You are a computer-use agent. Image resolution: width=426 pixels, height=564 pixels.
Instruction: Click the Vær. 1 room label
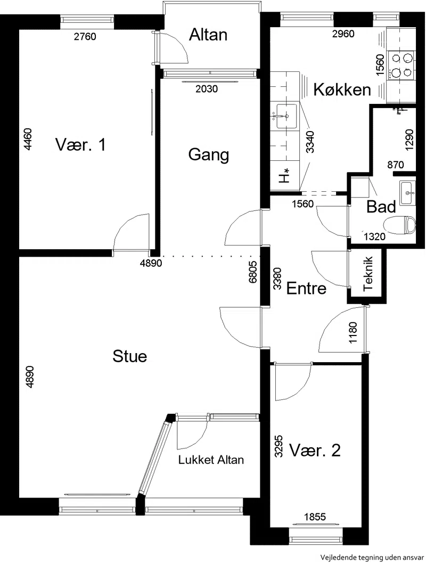coord(80,145)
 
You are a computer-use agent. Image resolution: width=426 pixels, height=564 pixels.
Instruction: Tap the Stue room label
coord(130,356)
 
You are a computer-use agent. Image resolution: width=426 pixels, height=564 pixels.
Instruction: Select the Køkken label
coord(342,89)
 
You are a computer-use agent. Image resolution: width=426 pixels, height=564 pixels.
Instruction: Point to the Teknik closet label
coord(368,274)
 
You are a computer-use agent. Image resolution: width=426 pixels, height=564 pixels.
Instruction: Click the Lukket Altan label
coord(211,459)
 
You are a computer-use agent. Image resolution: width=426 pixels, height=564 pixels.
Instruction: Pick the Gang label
coord(209,154)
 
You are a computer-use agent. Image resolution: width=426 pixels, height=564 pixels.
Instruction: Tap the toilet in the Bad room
coord(400,225)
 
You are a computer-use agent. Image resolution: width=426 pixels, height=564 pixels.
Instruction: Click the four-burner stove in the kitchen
coord(402,65)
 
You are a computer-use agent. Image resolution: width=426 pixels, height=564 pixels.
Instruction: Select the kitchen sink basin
coord(286,116)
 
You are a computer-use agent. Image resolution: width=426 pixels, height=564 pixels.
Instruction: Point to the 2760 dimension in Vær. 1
coord(85,36)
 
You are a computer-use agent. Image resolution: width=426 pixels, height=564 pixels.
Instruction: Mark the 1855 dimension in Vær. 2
coord(315,517)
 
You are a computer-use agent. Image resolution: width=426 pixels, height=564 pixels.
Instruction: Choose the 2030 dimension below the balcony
coord(207,88)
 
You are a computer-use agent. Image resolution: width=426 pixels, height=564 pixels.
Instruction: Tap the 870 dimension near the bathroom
coord(396,165)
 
